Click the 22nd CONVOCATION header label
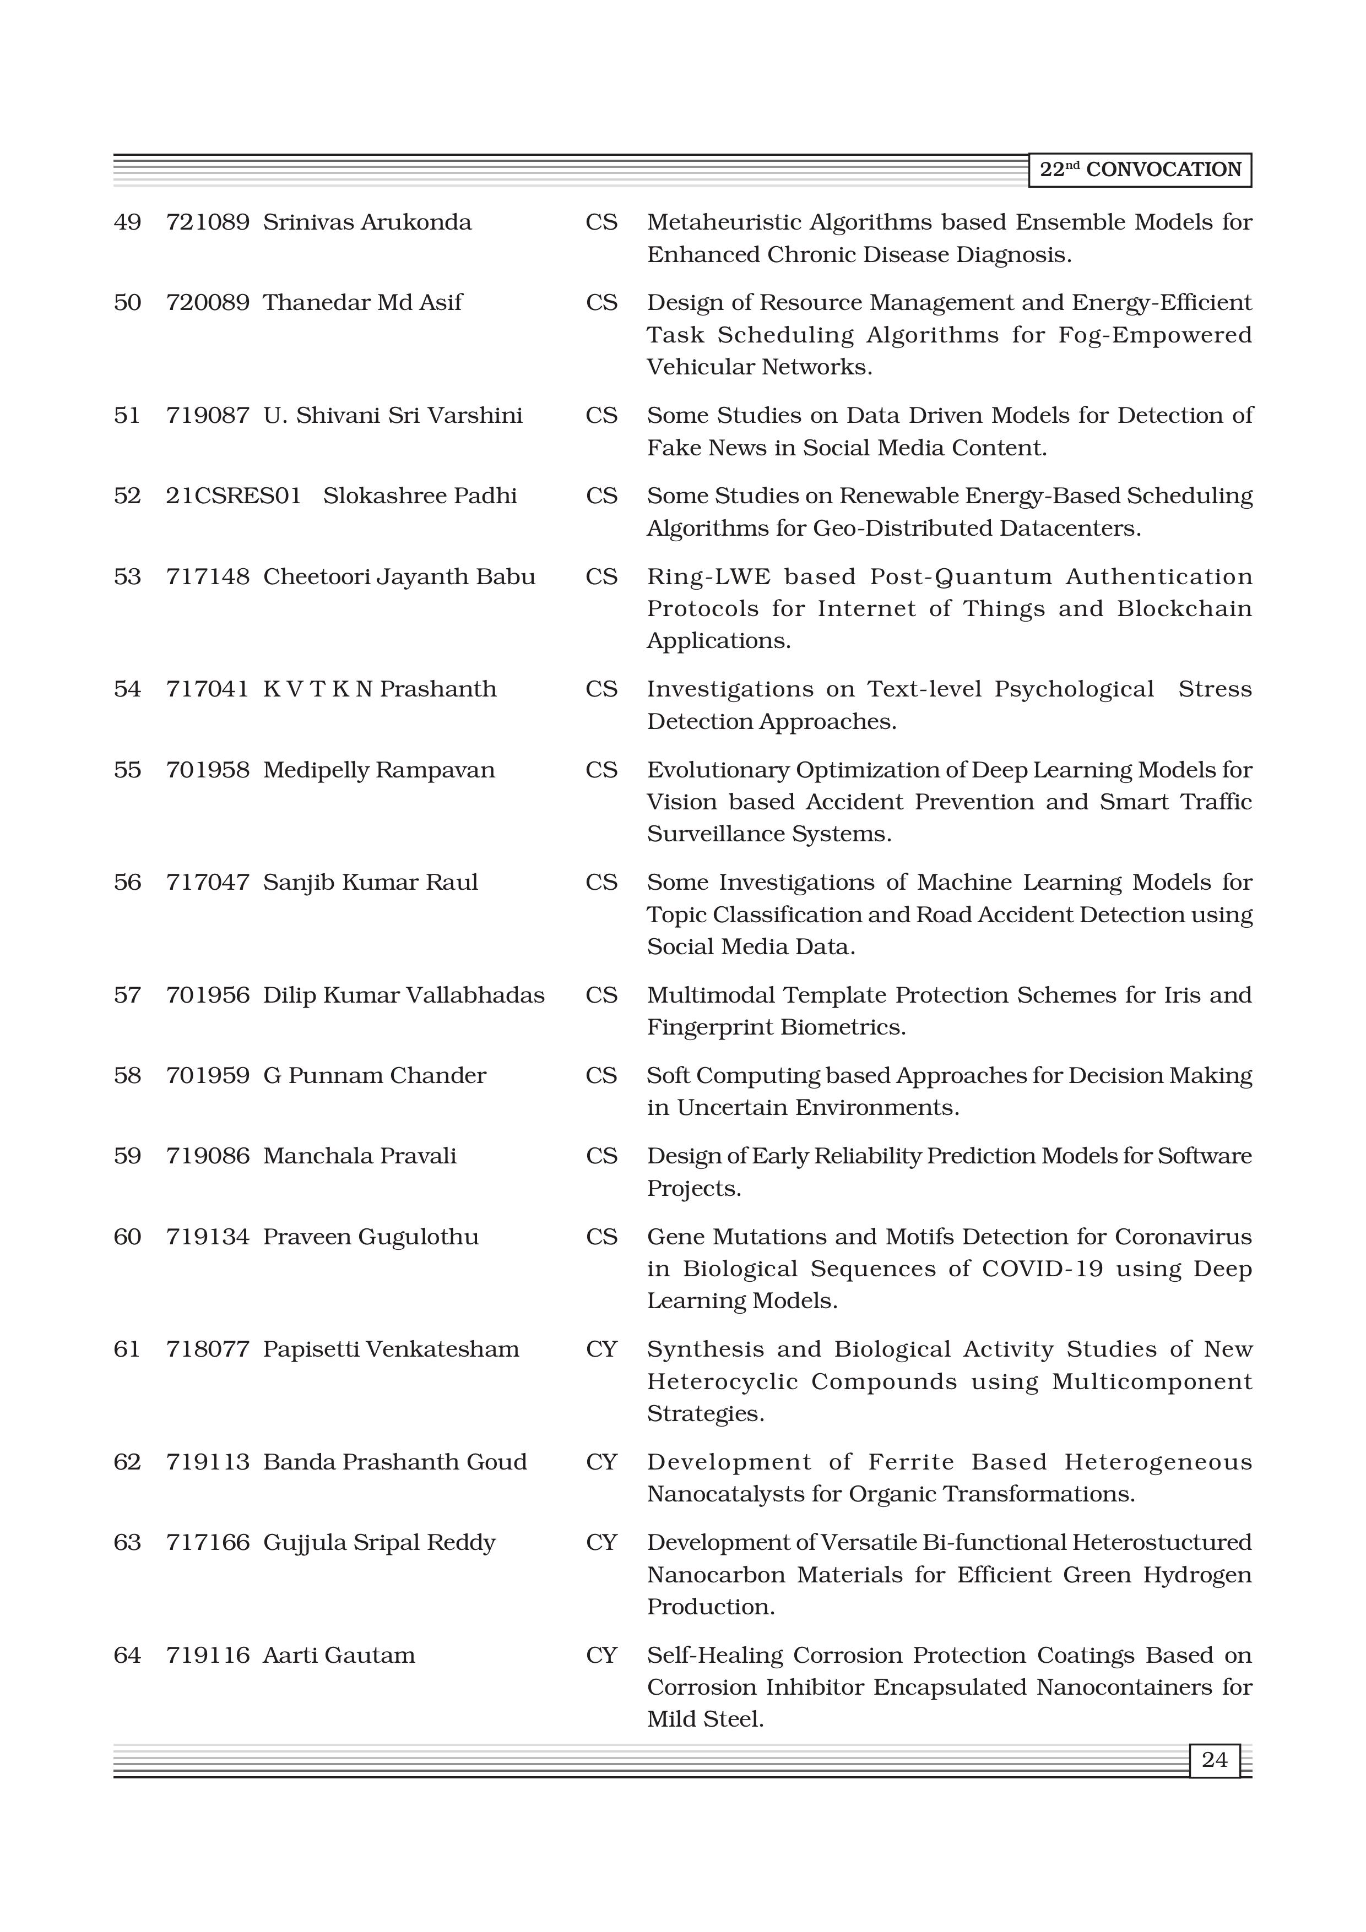pyautogui.click(x=1140, y=170)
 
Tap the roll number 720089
pyautogui.click(x=207, y=303)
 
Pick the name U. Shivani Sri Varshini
pyautogui.click(x=392, y=416)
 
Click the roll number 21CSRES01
pyautogui.click(x=233, y=496)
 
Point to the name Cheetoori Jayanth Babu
pyautogui.click(x=399, y=577)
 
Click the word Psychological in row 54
pyautogui.click(x=1074, y=690)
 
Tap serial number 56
pyautogui.click(x=127, y=883)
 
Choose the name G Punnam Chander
pyautogui.click(x=375, y=1076)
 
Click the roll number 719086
pyautogui.click(x=207, y=1156)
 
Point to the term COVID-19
pyautogui.click(x=1042, y=1269)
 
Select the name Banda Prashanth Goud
pyautogui.click(x=395, y=1462)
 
